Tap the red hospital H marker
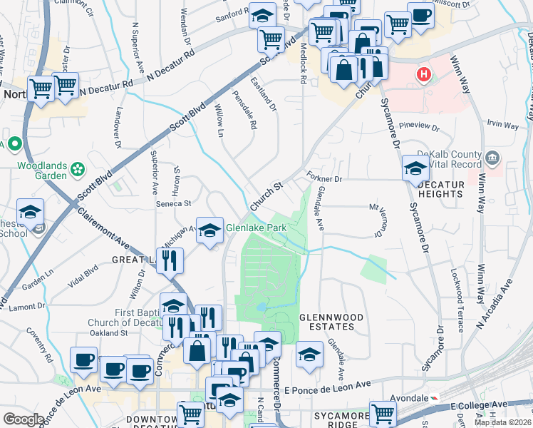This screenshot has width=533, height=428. click(x=424, y=74)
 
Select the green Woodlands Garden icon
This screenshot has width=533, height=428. click(x=78, y=170)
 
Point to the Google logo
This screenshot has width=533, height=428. click(x=24, y=419)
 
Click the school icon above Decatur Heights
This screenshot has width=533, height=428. click(x=415, y=168)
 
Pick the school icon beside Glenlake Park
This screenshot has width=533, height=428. click(x=209, y=230)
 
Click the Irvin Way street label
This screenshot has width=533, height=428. click(x=502, y=124)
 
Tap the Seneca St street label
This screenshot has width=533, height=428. click(x=175, y=203)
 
